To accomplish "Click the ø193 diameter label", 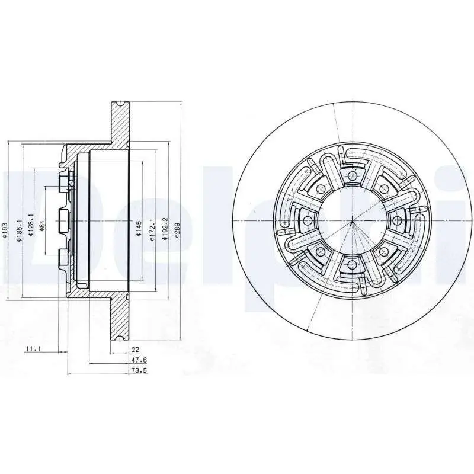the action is click(5, 230).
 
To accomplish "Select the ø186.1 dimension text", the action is click(20, 230).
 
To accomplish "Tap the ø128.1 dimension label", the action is click(30, 225).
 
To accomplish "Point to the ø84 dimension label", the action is click(41, 226).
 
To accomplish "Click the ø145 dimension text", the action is click(139, 229).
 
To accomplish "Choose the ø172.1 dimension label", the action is click(152, 230).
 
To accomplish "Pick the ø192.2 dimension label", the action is click(164, 229).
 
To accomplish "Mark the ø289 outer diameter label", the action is click(177, 230).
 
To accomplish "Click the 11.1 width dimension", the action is click(33, 349).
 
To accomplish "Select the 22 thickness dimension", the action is click(136, 350).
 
